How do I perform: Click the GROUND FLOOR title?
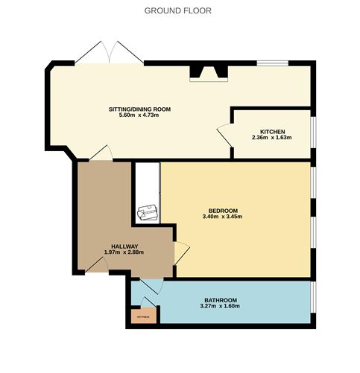(177, 11)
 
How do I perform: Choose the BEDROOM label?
(222, 210)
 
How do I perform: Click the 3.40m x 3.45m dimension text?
(222, 217)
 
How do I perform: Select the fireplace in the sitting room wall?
(208, 72)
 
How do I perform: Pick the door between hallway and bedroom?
(180, 252)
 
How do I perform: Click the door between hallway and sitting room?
(101, 153)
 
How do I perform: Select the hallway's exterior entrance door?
(94, 262)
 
